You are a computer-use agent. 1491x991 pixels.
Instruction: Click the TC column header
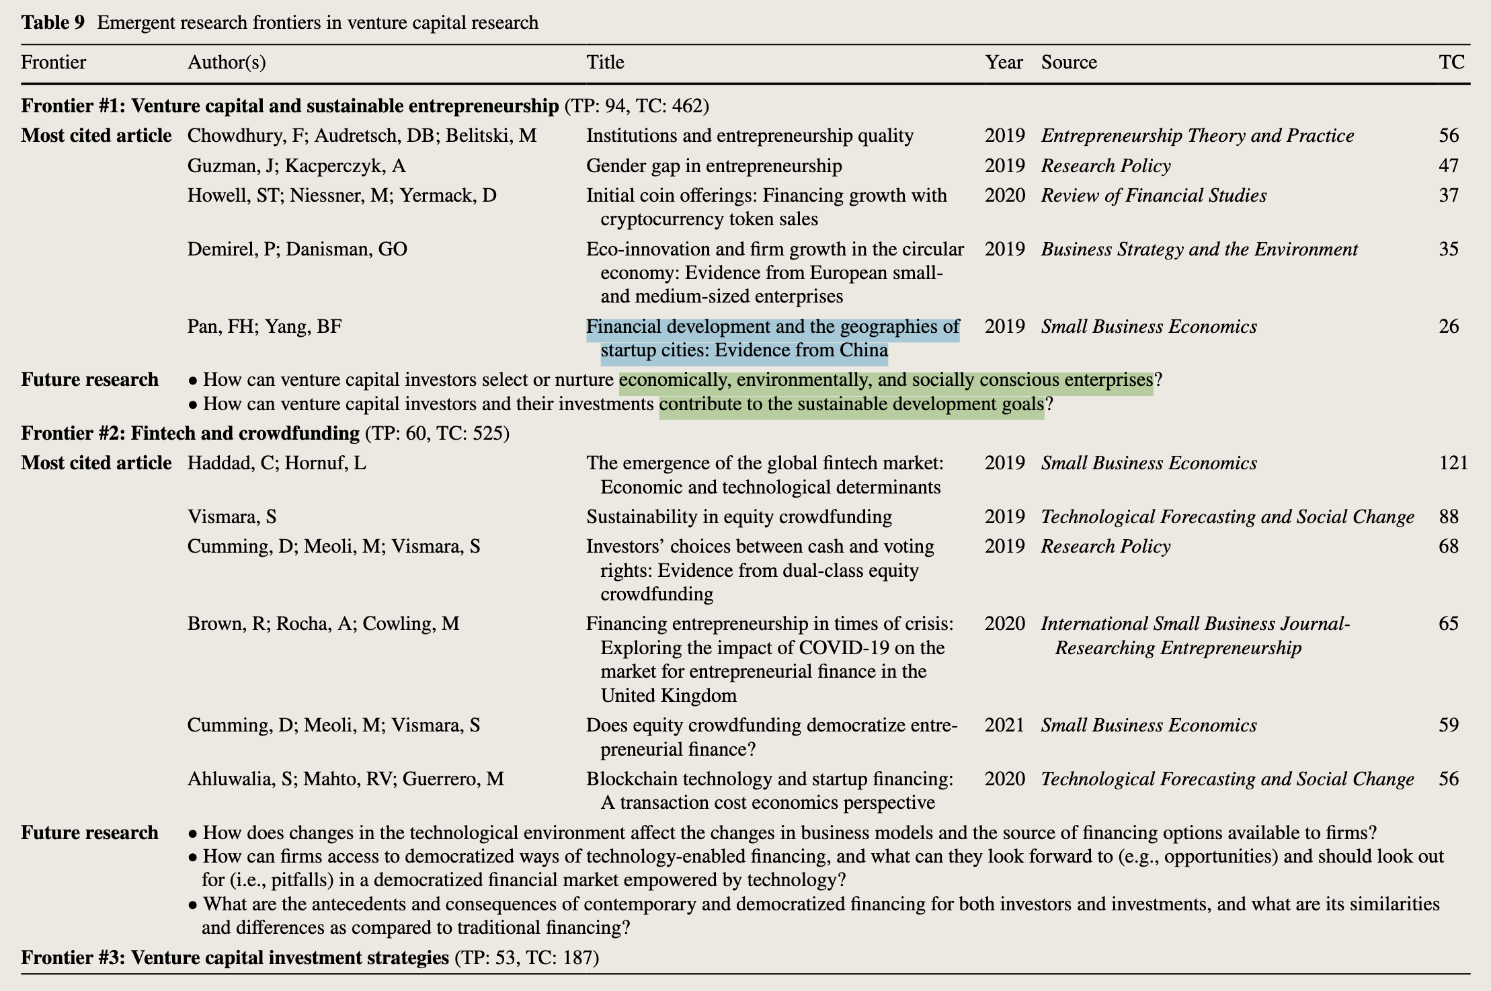[x=1451, y=63]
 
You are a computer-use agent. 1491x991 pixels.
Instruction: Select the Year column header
[x=1004, y=63]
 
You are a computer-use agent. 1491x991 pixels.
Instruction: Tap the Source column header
[x=1069, y=63]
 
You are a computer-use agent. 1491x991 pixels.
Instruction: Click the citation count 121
[x=1453, y=463]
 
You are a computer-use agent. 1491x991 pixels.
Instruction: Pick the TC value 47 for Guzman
[x=1449, y=166]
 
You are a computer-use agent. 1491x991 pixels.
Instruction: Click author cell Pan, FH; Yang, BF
[x=264, y=327]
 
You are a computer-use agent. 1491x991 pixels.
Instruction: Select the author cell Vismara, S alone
[x=232, y=517]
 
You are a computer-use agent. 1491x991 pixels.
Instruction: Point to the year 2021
[x=1004, y=725]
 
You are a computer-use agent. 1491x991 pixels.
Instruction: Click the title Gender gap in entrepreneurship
[x=714, y=166]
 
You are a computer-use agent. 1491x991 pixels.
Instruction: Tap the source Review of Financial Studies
[x=1154, y=196]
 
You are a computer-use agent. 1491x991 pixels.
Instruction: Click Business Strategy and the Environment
[x=1199, y=249]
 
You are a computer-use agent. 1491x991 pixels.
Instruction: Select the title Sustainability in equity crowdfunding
[x=739, y=517]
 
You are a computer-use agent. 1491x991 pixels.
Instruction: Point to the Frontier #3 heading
[x=235, y=957]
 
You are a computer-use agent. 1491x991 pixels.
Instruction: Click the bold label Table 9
[x=53, y=23]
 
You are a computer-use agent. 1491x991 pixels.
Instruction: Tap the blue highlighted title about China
[x=772, y=338]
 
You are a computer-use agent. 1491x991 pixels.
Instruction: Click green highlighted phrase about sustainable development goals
[x=851, y=405]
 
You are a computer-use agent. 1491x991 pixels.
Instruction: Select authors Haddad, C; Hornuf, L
[x=276, y=463]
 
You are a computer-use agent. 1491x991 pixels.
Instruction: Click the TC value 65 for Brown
[x=1449, y=624]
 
